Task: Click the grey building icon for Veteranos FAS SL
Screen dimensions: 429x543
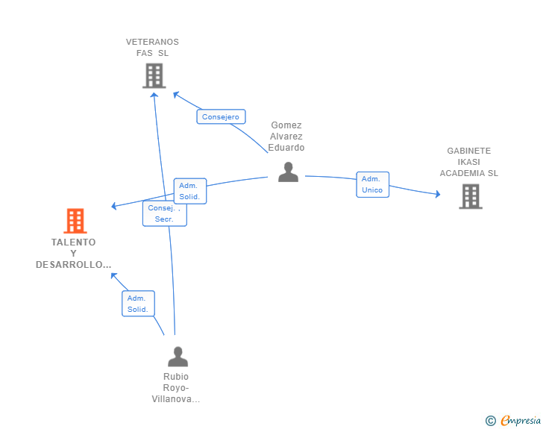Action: [x=154, y=75]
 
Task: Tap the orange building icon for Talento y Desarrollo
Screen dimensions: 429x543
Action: [x=75, y=221]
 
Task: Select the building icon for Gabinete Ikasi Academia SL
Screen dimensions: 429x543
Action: [x=470, y=196]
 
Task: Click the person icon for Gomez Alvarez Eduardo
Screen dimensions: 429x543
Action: [x=288, y=172]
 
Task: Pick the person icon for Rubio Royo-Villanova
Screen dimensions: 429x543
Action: [x=178, y=356]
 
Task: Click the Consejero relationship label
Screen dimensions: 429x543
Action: [x=221, y=116]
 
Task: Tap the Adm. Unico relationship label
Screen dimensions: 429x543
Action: [x=372, y=184]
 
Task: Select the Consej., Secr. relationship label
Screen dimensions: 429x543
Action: [x=164, y=213]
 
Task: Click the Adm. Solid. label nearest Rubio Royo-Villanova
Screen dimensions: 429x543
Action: [x=138, y=304]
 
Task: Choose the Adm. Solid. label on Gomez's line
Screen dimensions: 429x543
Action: [x=189, y=191]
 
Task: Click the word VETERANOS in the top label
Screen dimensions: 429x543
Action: [x=152, y=42]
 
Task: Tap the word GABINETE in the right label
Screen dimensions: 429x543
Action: [x=468, y=151]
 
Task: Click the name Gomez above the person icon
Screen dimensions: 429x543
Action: [x=286, y=125]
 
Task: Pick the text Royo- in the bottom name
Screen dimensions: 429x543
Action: [x=176, y=388]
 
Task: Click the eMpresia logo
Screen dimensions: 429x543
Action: [x=521, y=420]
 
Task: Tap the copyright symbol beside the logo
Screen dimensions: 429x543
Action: [x=490, y=421]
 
